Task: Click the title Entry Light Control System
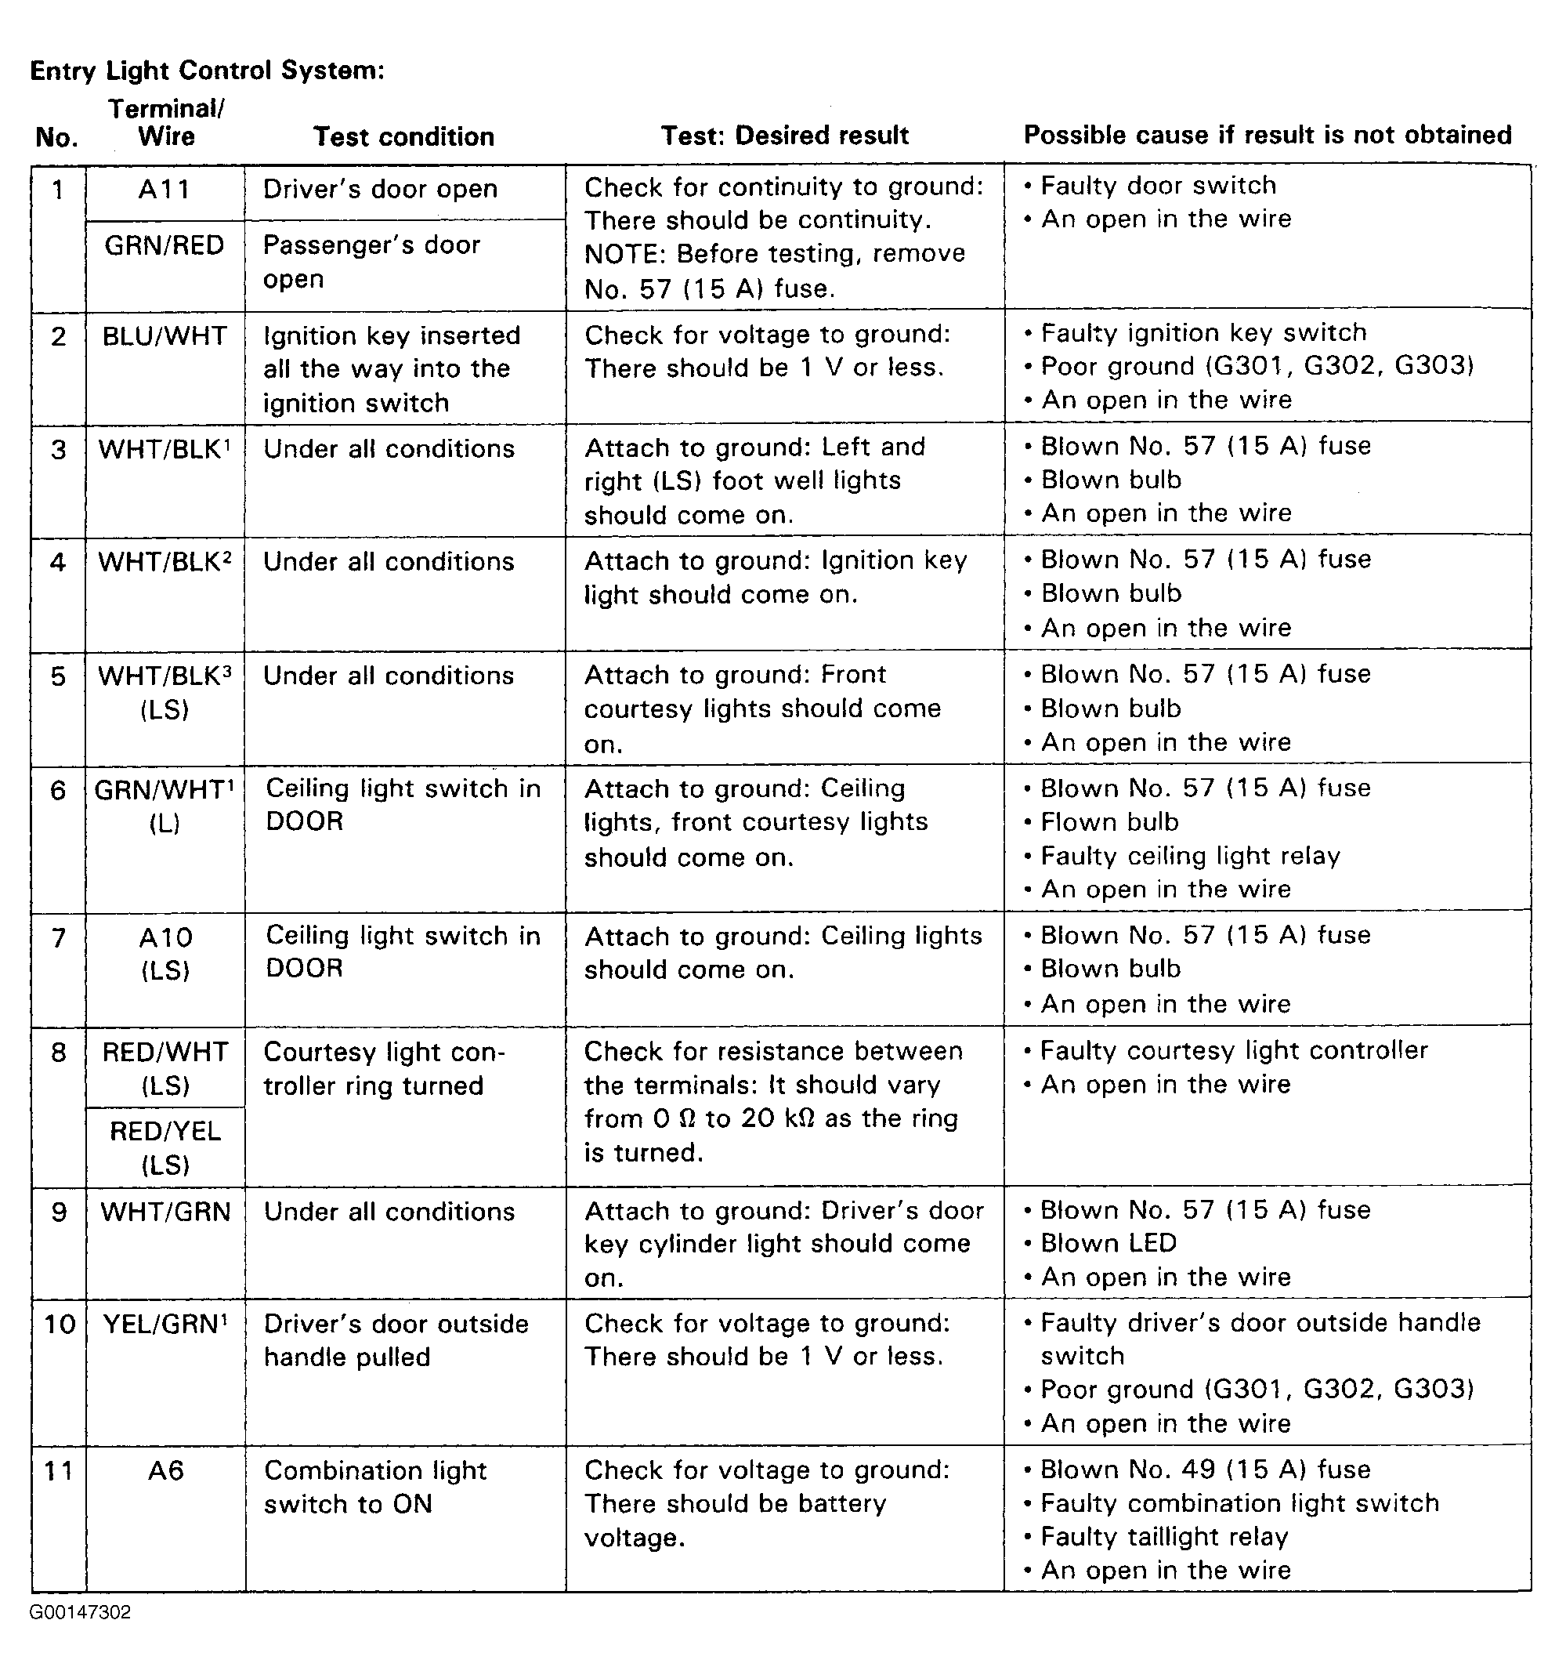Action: click(x=207, y=70)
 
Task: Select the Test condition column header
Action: click(x=403, y=136)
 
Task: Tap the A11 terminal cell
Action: click(x=165, y=190)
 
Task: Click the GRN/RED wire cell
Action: click(x=165, y=245)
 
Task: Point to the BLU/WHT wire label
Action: click(x=165, y=336)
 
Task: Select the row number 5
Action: click(x=57, y=676)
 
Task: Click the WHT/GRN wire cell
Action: click(x=165, y=1212)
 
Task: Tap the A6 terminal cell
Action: click(x=165, y=1471)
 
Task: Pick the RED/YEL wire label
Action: click(x=165, y=1131)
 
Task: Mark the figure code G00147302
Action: click(x=80, y=1613)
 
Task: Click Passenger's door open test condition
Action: click(x=371, y=262)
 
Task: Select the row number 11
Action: click(x=57, y=1471)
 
